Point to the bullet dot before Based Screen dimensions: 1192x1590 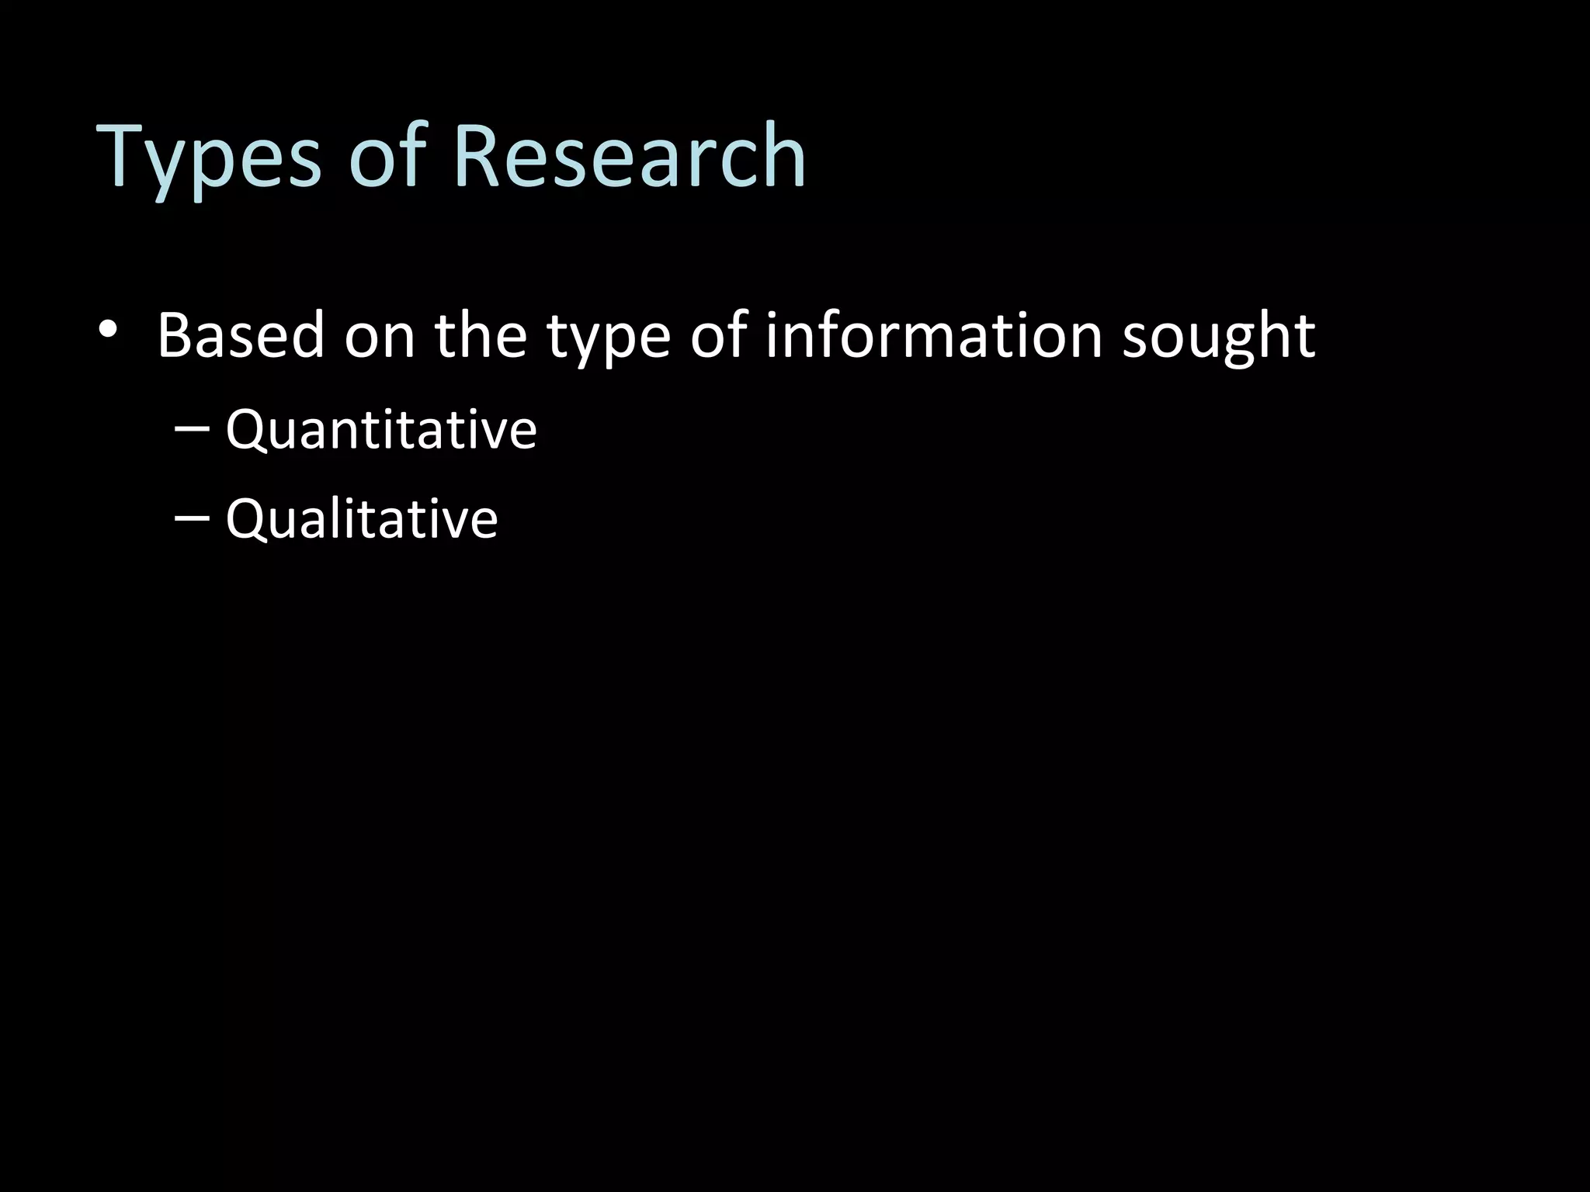pyautogui.click(x=108, y=328)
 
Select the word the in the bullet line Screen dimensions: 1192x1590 pyautogui.click(x=481, y=336)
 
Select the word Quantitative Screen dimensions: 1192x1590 pyautogui.click(x=381, y=429)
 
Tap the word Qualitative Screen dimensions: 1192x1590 pyautogui.click(x=362, y=518)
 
